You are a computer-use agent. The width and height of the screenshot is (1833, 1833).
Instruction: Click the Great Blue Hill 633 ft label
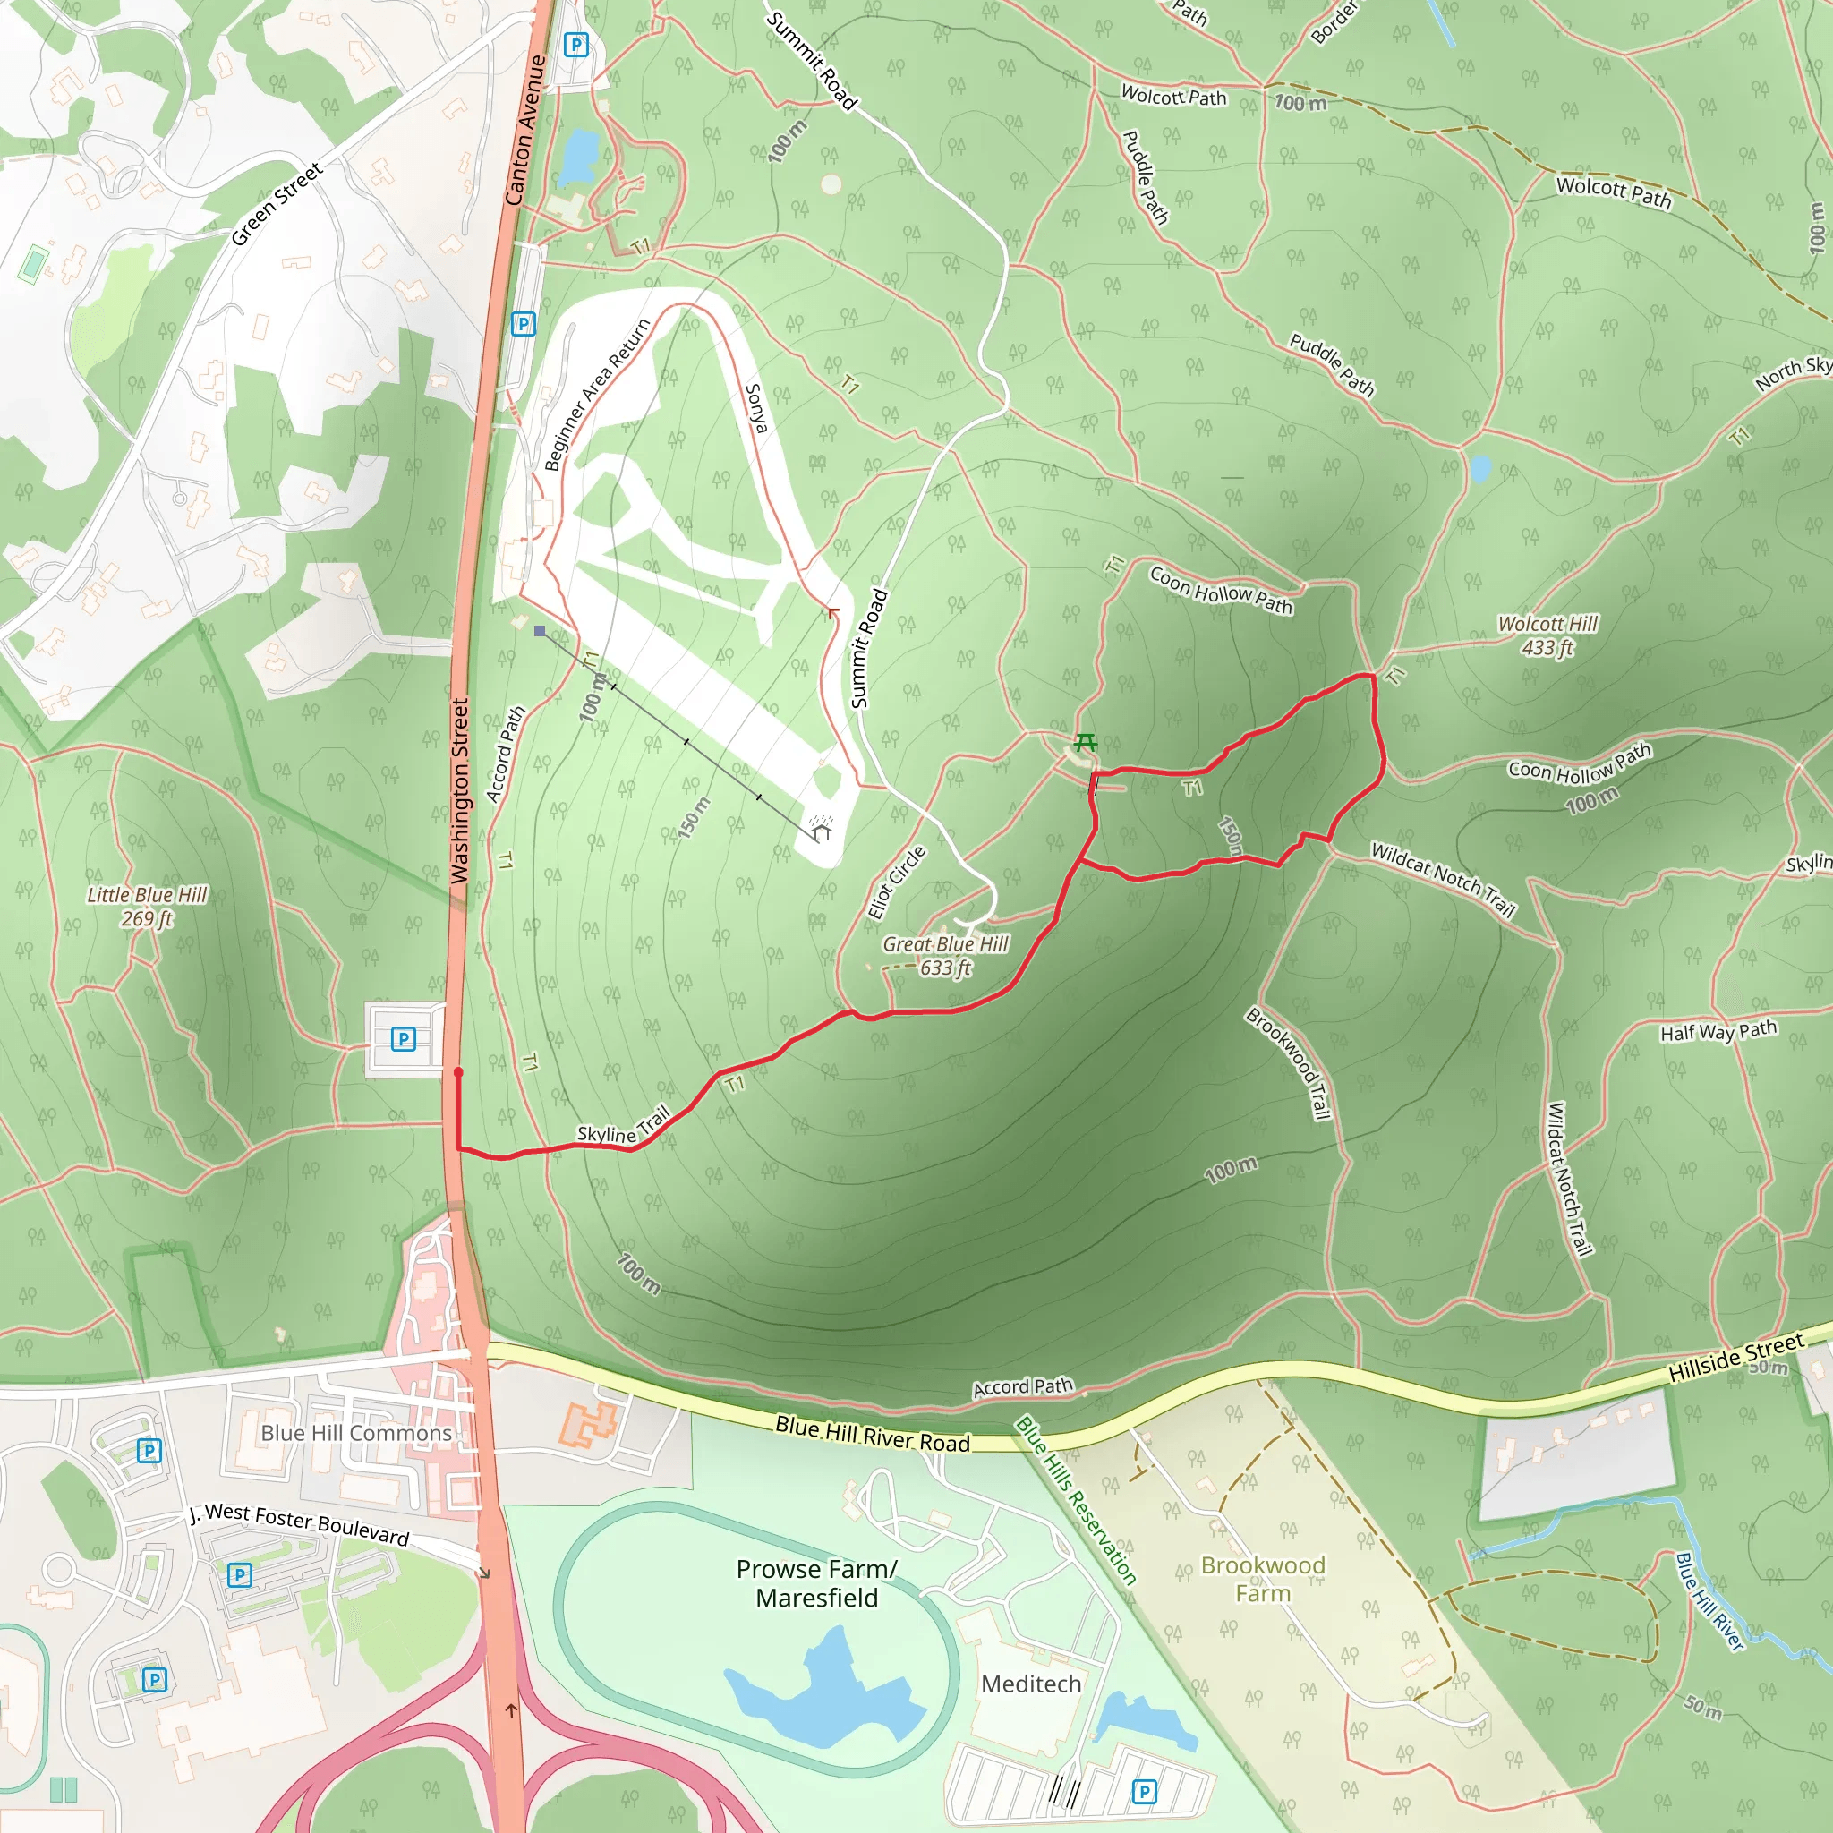(x=945, y=955)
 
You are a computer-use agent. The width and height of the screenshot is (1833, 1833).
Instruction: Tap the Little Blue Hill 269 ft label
(x=147, y=906)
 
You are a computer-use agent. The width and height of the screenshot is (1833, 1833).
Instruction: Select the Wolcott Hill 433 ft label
(x=1547, y=635)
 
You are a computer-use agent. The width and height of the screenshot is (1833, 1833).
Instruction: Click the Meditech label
(x=1030, y=1684)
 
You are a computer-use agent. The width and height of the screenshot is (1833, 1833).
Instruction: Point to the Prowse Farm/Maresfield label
(x=816, y=1583)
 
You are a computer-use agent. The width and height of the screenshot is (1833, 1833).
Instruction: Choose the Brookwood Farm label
(x=1263, y=1579)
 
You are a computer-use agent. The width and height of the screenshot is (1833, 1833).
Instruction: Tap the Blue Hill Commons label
(x=356, y=1433)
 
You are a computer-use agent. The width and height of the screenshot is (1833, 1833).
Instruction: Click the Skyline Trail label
(x=623, y=1125)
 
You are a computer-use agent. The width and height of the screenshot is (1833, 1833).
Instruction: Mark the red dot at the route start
(x=458, y=1072)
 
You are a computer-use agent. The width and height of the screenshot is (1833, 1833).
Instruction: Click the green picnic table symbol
(x=1086, y=742)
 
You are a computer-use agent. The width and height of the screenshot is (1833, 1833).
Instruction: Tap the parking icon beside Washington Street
(x=404, y=1039)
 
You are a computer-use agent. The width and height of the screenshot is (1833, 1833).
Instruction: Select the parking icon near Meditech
(x=1144, y=1791)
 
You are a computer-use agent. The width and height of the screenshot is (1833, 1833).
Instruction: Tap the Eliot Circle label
(x=896, y=882)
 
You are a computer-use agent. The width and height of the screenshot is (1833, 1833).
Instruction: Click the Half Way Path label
(x=1718, y=1031)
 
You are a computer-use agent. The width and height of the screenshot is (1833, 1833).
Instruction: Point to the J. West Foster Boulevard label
(x=299, y=1522)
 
